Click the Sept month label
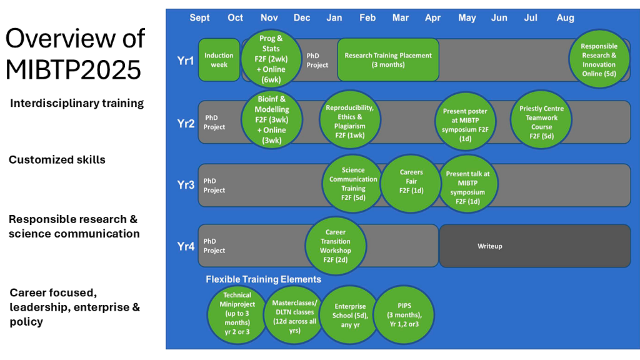pos(200,17)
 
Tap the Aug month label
pos(565,17)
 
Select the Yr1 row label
pos(186,60)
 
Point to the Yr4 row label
pos(186,246)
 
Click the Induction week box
pos(219,60)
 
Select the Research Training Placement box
pos(387,60)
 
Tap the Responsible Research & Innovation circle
pos(599,60)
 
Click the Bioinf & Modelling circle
pos(271,119)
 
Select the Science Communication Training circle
pos(353,184)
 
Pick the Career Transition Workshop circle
pos(335,246)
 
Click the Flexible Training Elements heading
pos(263,279)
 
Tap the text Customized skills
pos(57,160)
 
